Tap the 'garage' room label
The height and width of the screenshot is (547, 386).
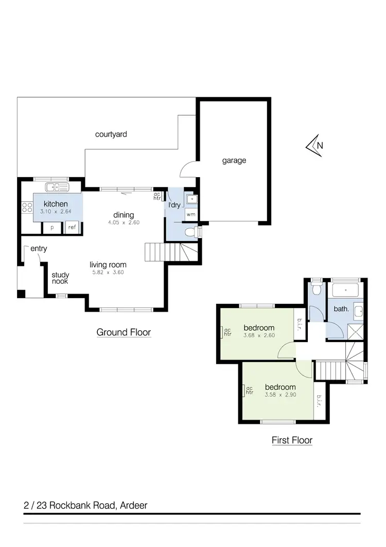click(x=234, y=160)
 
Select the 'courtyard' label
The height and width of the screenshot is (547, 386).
click(x=111, y=134)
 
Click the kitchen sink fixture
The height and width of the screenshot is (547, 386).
click(x=57, y=187)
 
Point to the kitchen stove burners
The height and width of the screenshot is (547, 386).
click(x=27, y=208)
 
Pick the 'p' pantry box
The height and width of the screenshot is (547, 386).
click(x=52, y=227)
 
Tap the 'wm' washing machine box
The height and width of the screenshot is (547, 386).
click(x=191, y=214)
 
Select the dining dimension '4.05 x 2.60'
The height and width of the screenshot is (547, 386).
click(x=124, y=223)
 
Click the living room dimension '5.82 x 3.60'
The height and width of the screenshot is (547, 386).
click(x=107, y=272)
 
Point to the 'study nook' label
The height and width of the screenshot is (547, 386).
click(x=60, y=278)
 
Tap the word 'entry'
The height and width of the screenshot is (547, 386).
click(x=39, y=249)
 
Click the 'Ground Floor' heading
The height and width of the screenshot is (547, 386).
click(x=124, y=332)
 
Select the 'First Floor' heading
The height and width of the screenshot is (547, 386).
click(x=292, y=440)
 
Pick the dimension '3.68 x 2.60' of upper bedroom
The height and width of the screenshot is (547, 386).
click(x=259, y=335)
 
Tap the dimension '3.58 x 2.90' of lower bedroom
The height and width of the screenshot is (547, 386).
click(x=280, y=395)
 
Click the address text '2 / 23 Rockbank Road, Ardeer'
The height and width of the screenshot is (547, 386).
click(x=85, y=505)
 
